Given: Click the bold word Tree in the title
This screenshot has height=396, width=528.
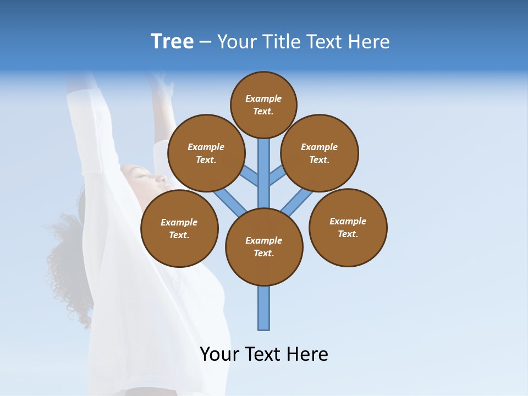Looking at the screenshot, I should pos(172,42).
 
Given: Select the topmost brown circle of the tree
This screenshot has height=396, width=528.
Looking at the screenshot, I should pos(263,105).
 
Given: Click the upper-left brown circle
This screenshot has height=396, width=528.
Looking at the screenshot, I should pos(206,153).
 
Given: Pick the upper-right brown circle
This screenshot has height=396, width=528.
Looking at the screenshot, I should pos(320,153).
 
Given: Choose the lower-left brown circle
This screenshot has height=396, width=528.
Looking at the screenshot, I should pos(179,228).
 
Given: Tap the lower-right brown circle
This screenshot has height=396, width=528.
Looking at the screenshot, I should pos(348,227).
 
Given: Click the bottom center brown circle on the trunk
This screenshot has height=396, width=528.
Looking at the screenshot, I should pos(264,246).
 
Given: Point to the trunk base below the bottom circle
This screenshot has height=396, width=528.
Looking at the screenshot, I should pos(264,308).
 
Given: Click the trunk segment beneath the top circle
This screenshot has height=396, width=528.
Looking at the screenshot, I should pos(264,165).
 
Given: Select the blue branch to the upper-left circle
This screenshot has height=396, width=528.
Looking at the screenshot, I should pos(250,175).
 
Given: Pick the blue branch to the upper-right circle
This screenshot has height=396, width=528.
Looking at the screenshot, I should pos(278,175).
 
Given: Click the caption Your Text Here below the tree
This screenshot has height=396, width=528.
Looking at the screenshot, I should pos(264,354).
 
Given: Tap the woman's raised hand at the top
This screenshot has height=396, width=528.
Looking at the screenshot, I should pos(159,82).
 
